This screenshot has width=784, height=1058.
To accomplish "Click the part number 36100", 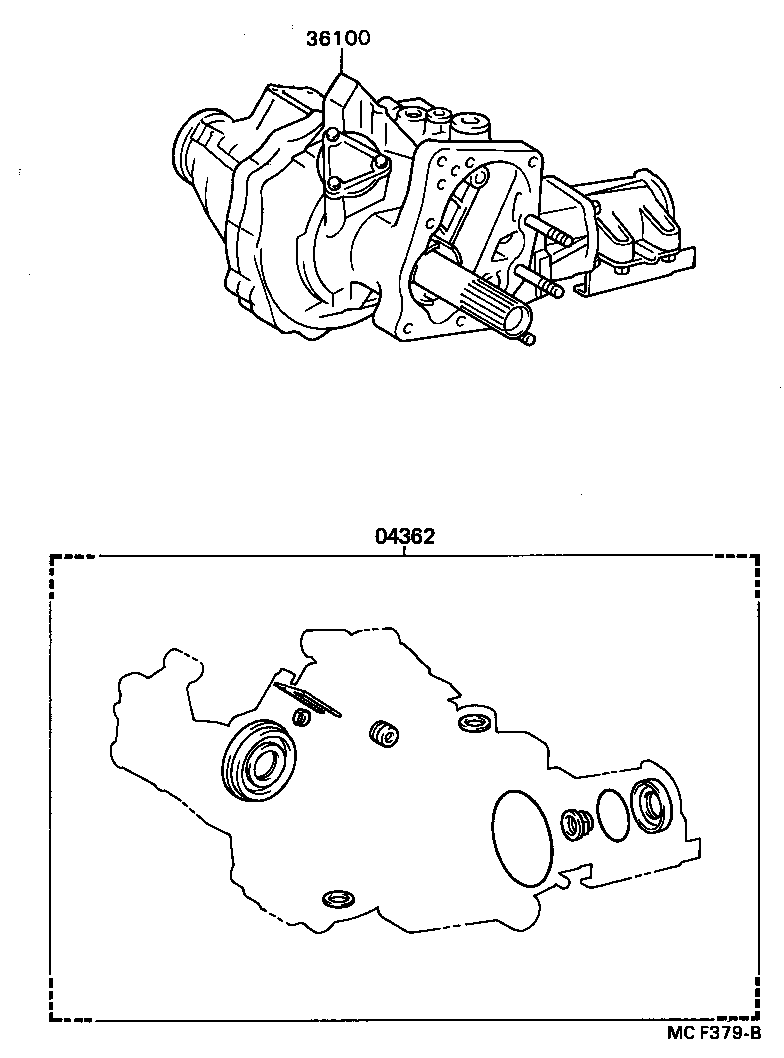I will click(340, 39).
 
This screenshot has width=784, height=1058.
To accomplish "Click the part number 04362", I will click(405, 536).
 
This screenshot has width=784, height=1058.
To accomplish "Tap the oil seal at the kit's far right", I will click(653, 805).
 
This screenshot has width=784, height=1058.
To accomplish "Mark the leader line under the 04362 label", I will click(405, 551).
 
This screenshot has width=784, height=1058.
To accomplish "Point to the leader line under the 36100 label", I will click(340, 61).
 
